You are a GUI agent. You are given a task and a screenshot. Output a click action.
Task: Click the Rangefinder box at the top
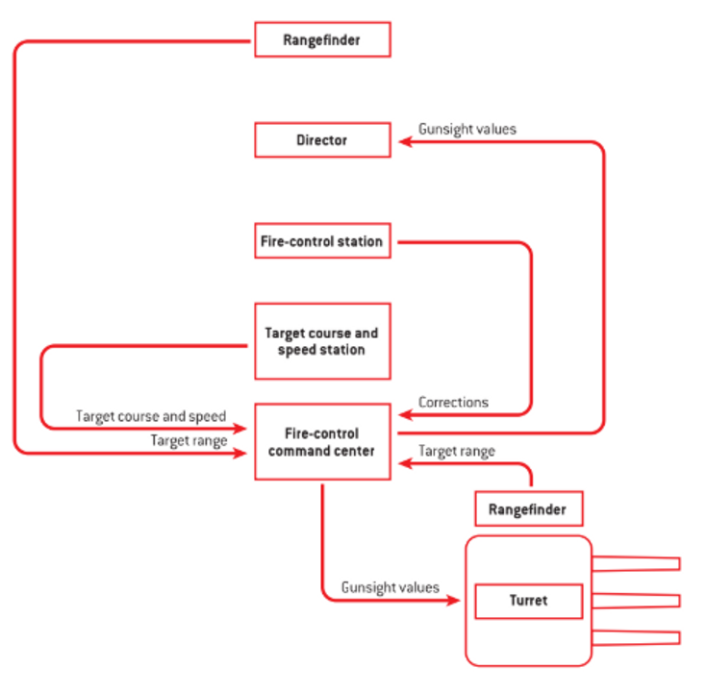(x=322, y=39)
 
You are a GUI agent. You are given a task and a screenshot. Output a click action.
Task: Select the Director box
(x=322, y=139)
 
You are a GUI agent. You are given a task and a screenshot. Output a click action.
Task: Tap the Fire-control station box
(x=322, y=241)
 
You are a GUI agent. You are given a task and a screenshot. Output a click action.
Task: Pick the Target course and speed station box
(x=322, y=341)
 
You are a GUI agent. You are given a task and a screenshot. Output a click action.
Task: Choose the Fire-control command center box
(x=322, y=441)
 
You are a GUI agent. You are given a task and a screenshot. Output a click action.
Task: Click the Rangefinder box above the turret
(x=528, y=508)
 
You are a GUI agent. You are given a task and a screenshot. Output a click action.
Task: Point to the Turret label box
(x=528, y=601)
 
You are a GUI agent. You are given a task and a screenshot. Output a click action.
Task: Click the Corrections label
(x=454, y=402)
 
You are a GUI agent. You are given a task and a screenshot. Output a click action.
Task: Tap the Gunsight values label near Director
(x=467, y=128)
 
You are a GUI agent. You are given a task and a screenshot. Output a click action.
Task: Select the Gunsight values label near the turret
(x=391, y=586)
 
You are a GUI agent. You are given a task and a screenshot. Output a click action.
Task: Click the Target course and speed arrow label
(x=151, y=416)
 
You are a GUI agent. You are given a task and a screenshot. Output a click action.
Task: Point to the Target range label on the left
(x=189, y=439)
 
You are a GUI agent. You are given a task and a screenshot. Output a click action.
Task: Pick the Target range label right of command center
(x=457, y=451)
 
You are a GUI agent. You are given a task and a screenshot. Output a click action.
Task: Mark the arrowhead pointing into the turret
(x=454, y=602)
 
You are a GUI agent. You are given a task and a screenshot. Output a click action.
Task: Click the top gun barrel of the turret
(x=637, y=563)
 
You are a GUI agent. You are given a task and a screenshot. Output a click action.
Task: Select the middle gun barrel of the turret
(x=637, y=601)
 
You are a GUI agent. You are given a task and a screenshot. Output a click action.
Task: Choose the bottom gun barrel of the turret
(x=637, y=637)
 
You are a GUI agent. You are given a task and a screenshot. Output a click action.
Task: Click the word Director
(x=322, y=140)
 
